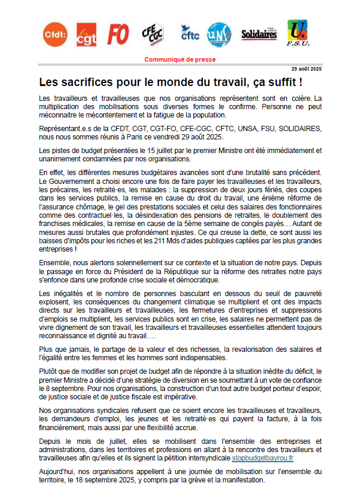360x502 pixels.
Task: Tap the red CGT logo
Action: point(87,36)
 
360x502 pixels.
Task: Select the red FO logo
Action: point(118,36)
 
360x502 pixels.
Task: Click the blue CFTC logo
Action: point(190,34)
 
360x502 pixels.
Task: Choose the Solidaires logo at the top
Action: point(259,34)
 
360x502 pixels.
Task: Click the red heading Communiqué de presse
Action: point(180,59)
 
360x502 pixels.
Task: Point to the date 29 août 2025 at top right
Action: point(306,69)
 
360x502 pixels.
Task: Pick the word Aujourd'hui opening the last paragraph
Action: point(55,471)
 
